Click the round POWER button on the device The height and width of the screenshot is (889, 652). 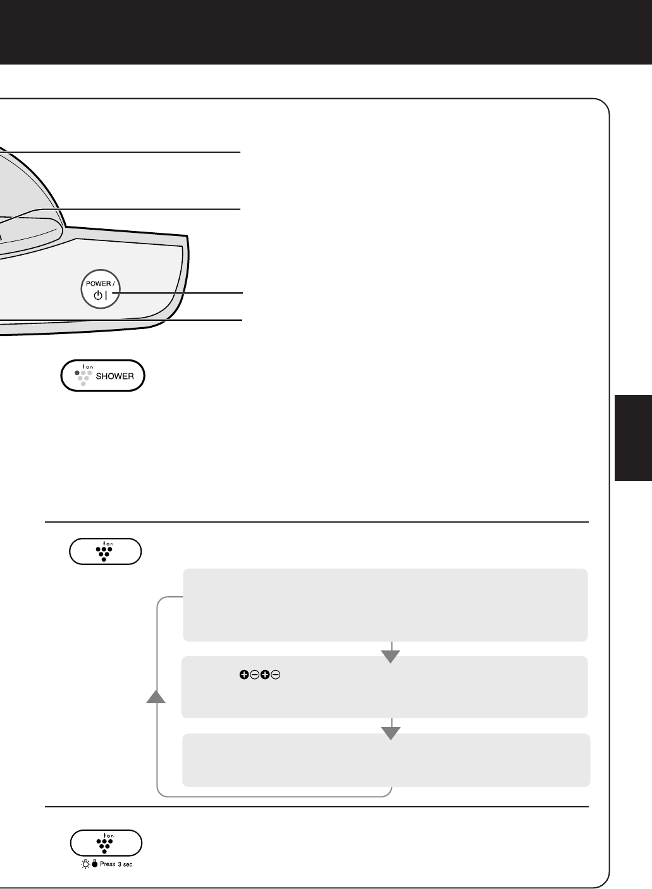click(x=101, y=289)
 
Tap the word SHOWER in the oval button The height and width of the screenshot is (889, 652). click(x=114, y=376)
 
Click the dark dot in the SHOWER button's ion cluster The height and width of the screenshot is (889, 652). click(x=77, y=373)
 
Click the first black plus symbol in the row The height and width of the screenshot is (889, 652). click(x=244, y=675)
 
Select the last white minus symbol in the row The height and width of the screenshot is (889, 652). click(x=276, y=675)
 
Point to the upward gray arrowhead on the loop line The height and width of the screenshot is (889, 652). click(x=156, y=697)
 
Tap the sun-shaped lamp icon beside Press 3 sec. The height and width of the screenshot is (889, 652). click(x=85, y=864)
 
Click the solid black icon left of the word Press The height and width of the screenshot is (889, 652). click(x=95, y=864)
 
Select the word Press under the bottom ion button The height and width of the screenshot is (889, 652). click(x=108, y=864)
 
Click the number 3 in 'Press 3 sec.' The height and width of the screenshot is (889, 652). click(x=120, y=864)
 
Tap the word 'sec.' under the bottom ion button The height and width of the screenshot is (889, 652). click(x=128, y=864)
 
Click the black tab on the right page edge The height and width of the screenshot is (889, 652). click(x=634, y=438)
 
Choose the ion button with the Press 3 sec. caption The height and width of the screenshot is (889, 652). click(x=106, y=843)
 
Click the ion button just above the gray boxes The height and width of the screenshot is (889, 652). click(x=106, y=551)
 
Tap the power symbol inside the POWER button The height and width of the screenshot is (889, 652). click(x=98, y=295)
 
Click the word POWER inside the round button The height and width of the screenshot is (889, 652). click(x=99, y=283)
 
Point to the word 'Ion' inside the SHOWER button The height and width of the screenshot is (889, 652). click(x=88, y=367)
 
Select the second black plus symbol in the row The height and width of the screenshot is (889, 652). click(x=265, y=675)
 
